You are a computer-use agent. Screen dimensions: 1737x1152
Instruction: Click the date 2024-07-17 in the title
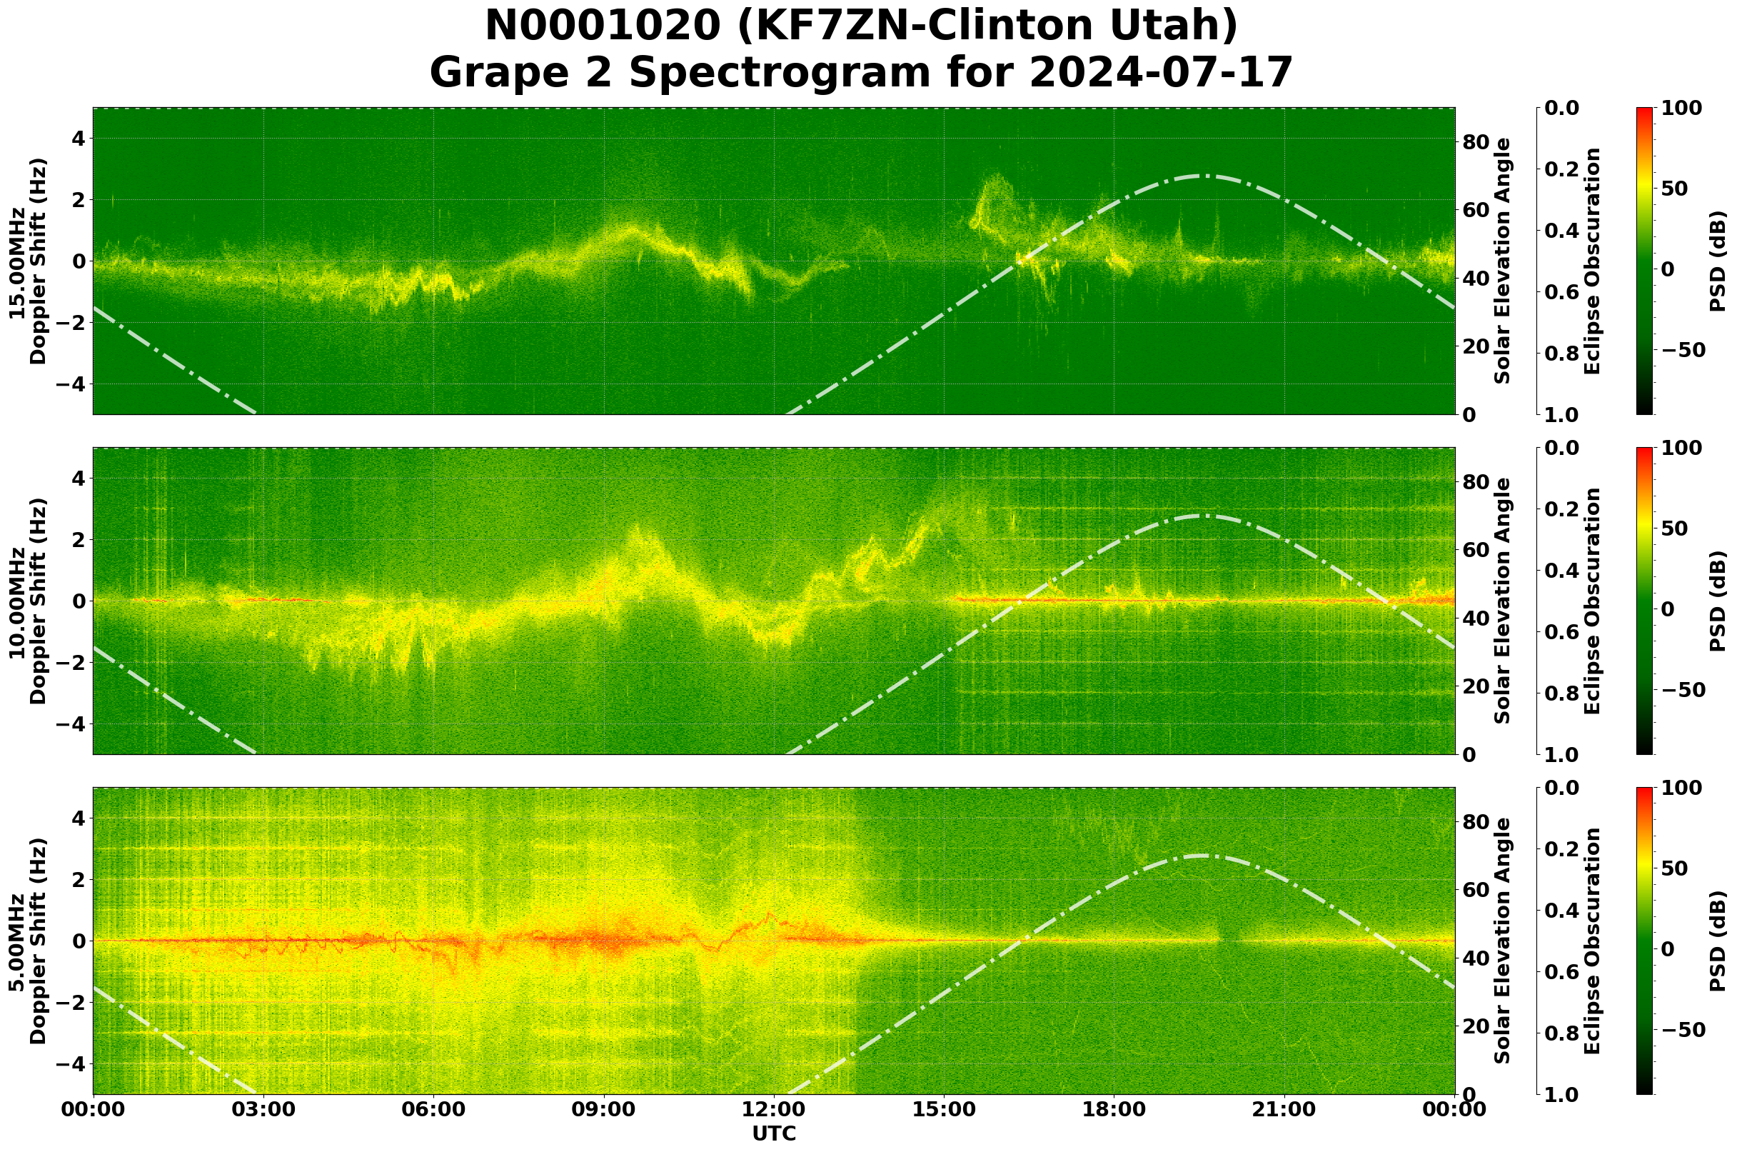click(1160, 73)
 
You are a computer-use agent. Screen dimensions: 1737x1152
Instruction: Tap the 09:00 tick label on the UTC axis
click(604, 1108)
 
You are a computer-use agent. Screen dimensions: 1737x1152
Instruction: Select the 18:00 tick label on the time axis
click(1114, 1108)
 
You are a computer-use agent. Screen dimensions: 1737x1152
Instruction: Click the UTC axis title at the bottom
click(774, 1133)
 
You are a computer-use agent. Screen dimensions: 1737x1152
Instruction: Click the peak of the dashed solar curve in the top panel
click(1200, 176)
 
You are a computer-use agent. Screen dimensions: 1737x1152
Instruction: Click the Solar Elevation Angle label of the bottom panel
click(1503, 941)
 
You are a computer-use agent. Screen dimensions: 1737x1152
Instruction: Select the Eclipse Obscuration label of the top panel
click(1591, 261)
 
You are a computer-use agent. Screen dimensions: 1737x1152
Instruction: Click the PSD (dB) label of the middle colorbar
click(1717, 601)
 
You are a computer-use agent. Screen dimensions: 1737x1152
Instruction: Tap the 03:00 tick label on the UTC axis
click(263, 1108)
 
